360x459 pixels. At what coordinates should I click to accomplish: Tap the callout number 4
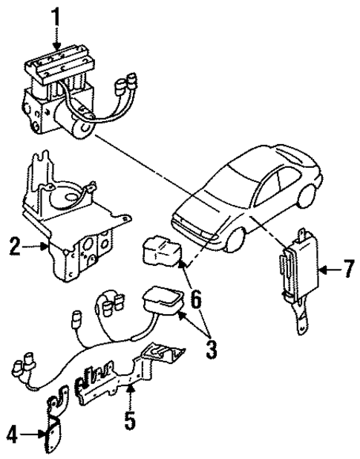click(12, 432)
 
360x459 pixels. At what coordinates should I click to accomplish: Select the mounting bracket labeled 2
click(74, 223)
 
